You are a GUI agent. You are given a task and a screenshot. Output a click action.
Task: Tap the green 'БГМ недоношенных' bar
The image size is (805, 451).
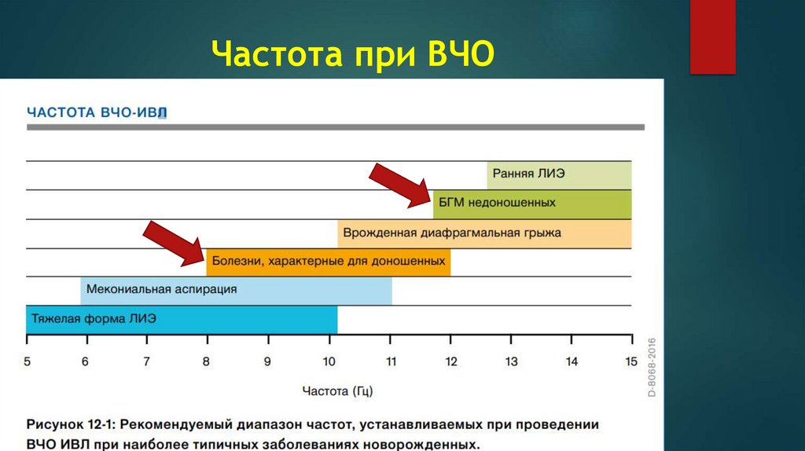point(532,203)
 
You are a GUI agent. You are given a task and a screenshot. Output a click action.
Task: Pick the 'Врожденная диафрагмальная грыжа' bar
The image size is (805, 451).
point(484,233)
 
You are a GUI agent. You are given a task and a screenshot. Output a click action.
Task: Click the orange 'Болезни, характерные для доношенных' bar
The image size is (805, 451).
point(329,262)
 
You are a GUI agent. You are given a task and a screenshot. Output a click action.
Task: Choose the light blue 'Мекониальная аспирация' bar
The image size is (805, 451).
point(236,290)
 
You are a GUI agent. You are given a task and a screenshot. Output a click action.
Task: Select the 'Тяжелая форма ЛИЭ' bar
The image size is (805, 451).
point(182,320)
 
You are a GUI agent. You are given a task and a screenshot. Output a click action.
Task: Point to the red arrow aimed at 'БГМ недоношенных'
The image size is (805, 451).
point(401,185)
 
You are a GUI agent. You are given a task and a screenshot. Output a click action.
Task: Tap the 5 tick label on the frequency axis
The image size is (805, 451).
point(27,362)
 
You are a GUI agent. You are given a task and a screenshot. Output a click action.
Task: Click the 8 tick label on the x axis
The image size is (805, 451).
point(207,362)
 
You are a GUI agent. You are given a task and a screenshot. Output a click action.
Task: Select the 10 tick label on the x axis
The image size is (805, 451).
point(329,362)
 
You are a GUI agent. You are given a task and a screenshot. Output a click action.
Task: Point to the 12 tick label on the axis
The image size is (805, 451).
point(450,362)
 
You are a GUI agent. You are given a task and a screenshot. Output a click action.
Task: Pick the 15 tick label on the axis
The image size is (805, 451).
point(631,362)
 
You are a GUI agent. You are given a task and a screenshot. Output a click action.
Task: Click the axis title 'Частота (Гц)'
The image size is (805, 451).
point(337,390)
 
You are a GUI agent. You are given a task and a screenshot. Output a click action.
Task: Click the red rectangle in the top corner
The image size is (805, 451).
point(712,37)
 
